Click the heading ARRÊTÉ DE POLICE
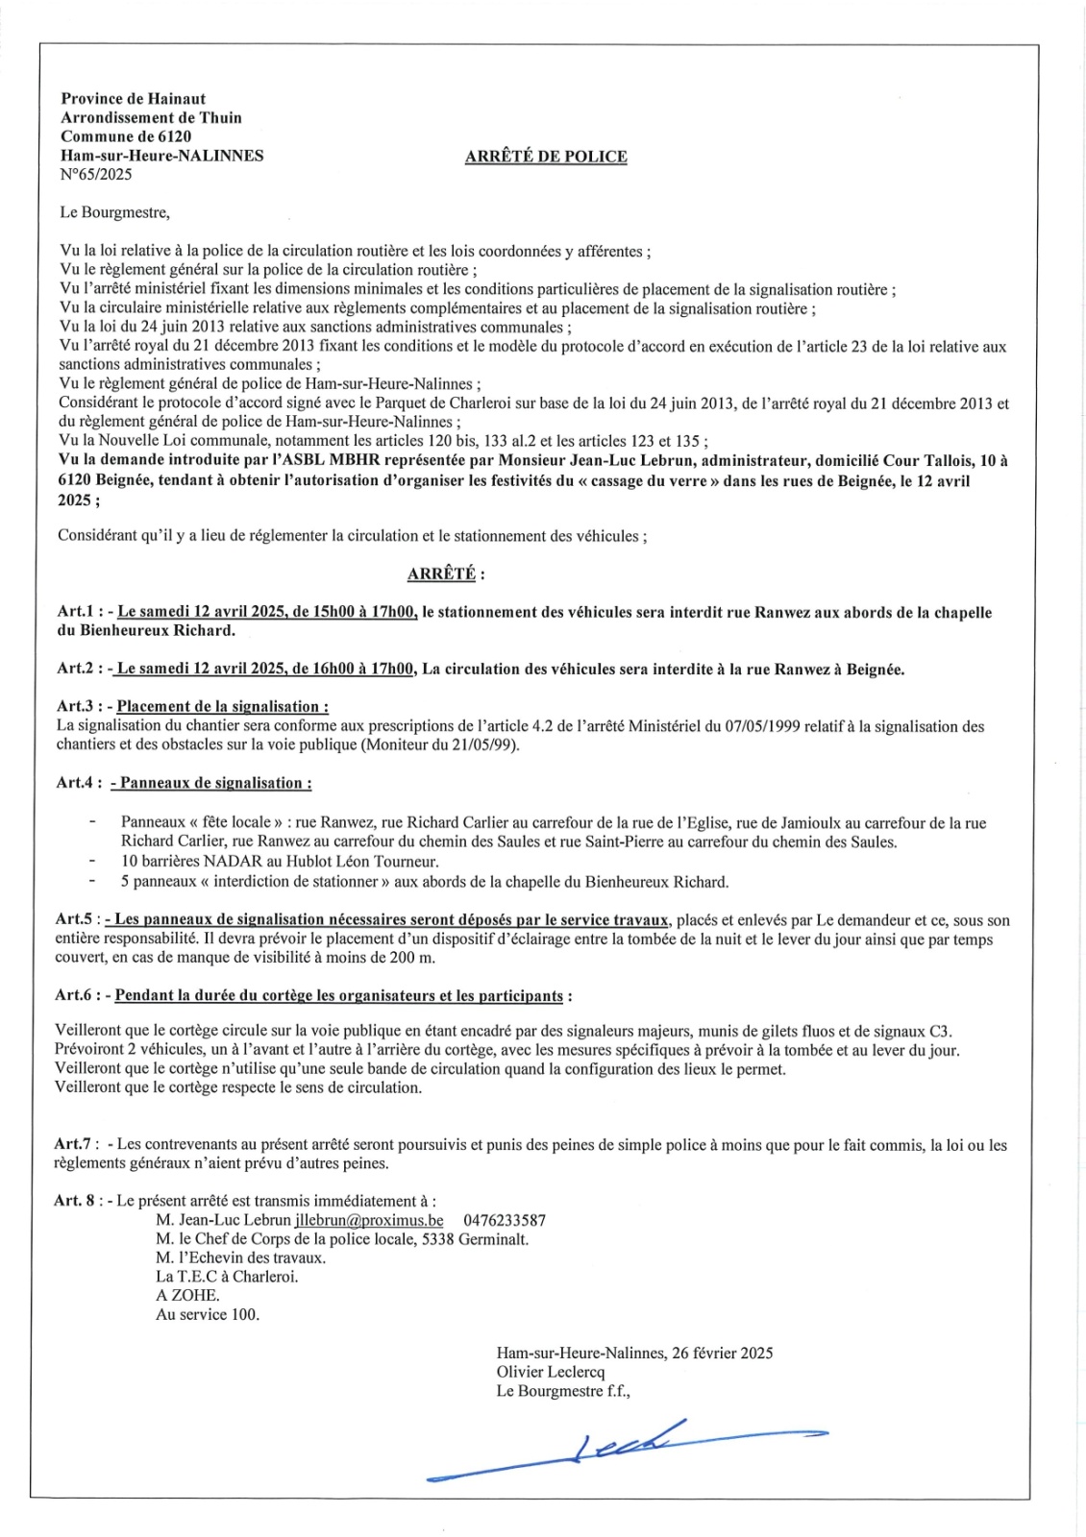[x=545, y=157]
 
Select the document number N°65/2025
[x=96, y=175]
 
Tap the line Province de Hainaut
[x=133, y=98]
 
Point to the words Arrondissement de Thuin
[x=151, y=117]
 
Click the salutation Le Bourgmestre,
[x=114, y=212]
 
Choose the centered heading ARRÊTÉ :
[x=446, y=573]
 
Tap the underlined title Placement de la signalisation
[x=222, y=706]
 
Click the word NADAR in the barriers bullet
[x=225, y=862]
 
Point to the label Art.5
[x=74, y=919]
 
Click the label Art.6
[x=74, y=995]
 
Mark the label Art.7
[x=74, y=1144]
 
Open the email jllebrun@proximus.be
[x=369, y=1220]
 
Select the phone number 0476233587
[x=504, y=1220]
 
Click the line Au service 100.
[x=208, y=1314]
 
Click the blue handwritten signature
[x=625, y=1448]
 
